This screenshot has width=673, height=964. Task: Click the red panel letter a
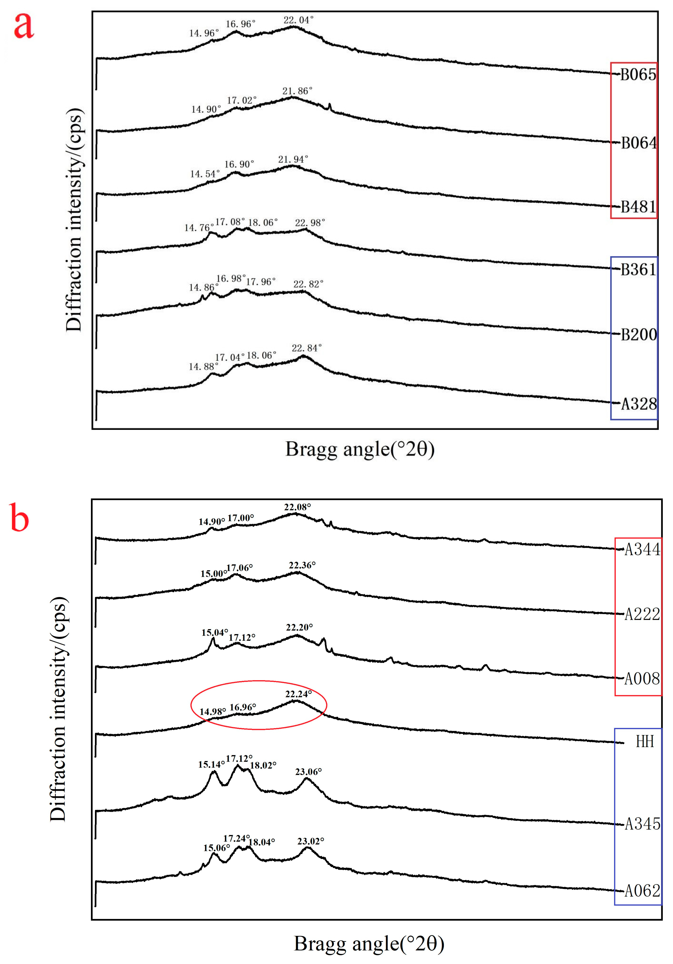pyautogui.click(x=24, y=26)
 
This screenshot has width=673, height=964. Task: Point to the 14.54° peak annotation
pyautogui.click(x=205, y=174)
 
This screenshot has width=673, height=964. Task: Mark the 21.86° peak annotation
pyautogui.click(x=297, y=91)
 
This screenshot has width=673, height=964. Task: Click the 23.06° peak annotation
pyautogui.click(x=308, y=772)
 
